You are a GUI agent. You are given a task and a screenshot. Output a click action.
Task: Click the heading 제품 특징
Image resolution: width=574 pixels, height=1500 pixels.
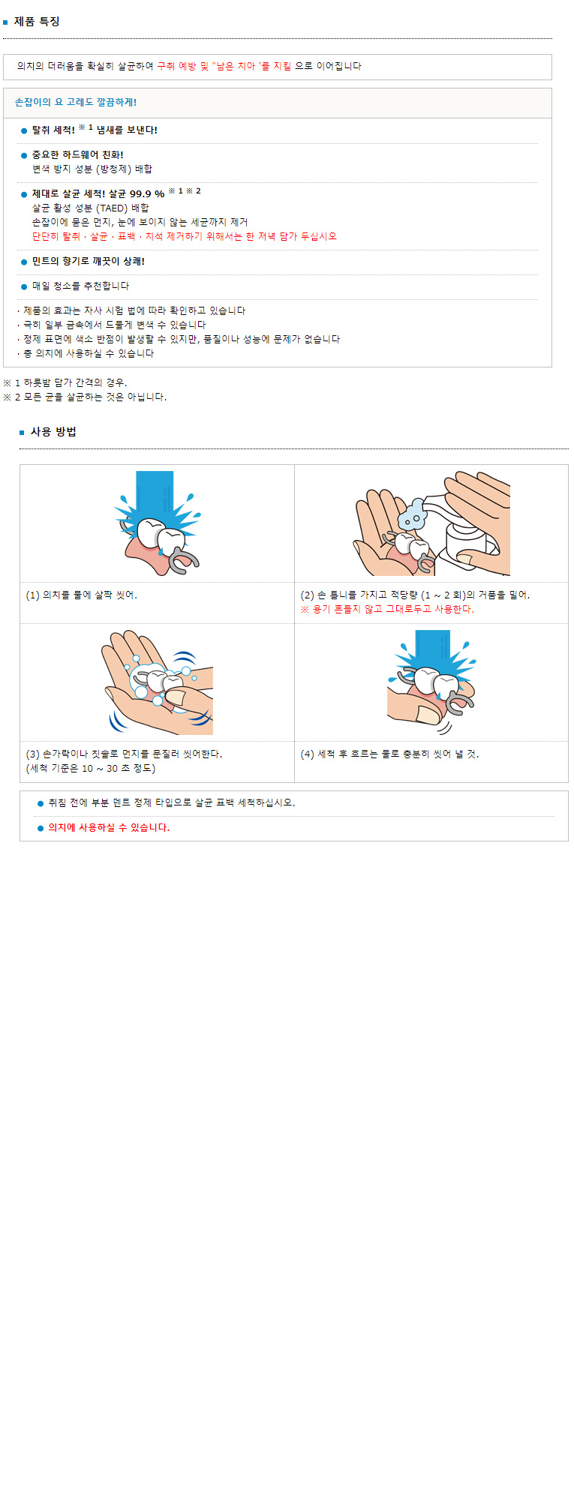[37, 22]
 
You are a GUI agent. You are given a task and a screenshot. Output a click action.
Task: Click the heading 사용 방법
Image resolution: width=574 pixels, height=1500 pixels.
[53, 432]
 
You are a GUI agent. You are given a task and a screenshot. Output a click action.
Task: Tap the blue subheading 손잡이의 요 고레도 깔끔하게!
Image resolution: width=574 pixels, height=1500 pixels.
[76, 103]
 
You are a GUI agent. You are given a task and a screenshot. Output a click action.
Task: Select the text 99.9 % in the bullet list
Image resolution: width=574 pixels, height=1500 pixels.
[147, 194]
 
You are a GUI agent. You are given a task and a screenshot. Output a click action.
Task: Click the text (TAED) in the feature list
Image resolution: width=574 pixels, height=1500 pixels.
[113, 208]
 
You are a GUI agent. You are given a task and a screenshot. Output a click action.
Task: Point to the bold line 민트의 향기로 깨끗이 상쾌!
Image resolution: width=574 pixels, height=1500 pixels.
[89, 262]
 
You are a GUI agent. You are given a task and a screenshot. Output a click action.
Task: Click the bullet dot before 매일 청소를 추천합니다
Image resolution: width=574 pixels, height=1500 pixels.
[24, 286]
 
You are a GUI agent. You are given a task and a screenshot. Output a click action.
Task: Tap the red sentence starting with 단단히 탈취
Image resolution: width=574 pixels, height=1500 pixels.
[185, 236]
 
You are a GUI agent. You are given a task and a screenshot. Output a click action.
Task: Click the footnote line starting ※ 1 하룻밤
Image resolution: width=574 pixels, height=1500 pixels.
[65, 383]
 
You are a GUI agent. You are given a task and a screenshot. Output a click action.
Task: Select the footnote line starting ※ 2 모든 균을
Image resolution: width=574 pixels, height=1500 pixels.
[85, 397]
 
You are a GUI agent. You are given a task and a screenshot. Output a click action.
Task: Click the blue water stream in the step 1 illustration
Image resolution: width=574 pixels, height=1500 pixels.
[155, 496]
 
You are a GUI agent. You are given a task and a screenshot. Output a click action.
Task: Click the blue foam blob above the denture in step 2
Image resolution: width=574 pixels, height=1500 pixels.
[413, 515]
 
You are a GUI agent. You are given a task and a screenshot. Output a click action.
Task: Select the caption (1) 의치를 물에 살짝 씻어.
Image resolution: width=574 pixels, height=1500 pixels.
[82, 595]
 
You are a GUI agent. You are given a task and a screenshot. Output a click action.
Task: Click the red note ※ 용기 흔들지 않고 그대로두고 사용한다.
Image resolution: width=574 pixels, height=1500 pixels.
[387, 610]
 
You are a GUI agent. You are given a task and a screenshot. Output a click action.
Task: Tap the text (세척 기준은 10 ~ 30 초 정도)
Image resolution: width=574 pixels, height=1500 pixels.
[91, 769]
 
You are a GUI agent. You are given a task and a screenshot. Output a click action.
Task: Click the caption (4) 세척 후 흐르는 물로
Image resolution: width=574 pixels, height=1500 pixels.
[389, 754]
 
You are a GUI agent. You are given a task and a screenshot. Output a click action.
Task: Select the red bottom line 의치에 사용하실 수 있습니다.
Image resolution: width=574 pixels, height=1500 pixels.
[109, 828]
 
